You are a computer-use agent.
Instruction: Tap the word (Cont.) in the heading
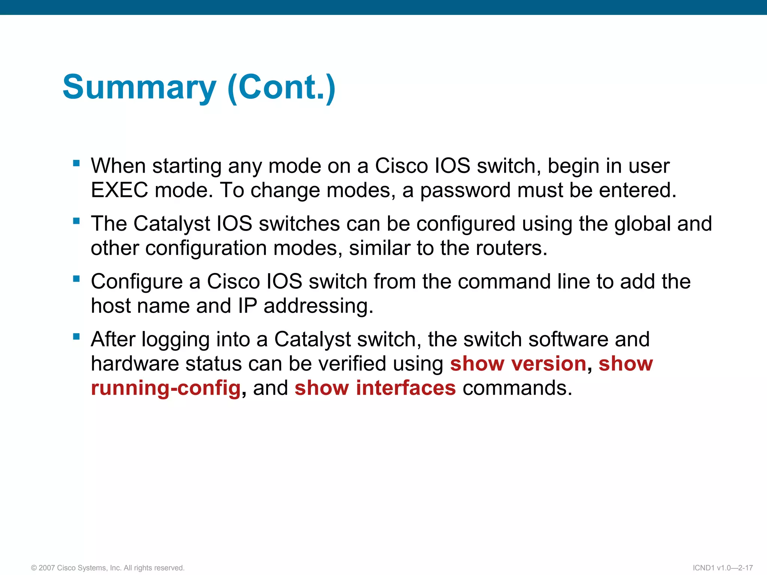(x=281, y=87)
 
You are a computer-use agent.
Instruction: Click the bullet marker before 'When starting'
(x=76, y=163)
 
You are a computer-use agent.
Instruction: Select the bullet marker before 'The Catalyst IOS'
(x=76, y=221)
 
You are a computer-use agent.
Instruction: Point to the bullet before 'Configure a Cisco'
(x=76, y=279)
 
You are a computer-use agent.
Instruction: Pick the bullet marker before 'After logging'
(x=76, y=337)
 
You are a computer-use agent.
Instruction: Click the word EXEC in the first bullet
(x=119, y=190)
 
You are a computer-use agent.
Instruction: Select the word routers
(x=511, y=248)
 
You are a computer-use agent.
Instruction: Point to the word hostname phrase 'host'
(x=110, y=306)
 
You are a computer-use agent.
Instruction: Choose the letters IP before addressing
(x=248, y=306)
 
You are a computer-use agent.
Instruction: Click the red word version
(x=549, y=364)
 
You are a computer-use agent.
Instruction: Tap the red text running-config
(x=166, y=388)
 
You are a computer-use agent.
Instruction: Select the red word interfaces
(x=406, y=388)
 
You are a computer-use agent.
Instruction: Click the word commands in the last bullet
(x=517, y=388)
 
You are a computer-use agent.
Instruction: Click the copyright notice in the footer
(x=108, y=568)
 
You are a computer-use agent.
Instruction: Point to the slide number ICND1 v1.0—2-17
(x=722, y=568)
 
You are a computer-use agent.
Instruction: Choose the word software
(x=568, y=340)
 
